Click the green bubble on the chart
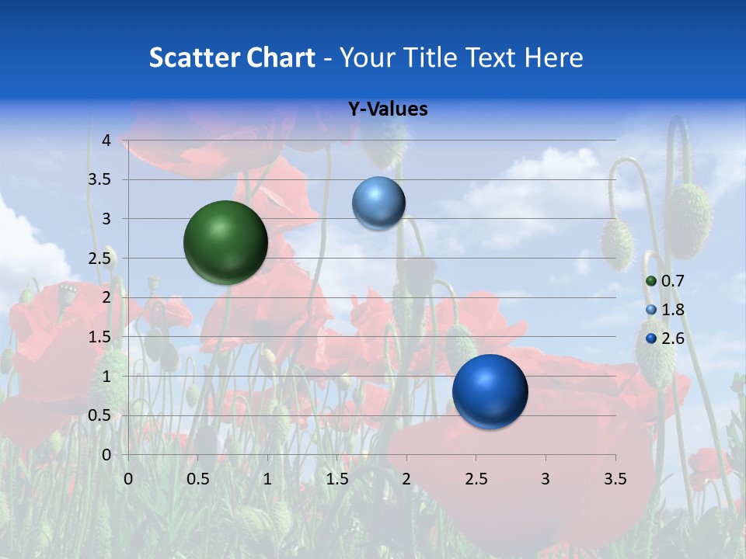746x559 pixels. pyautogui.click(x=225, y=242)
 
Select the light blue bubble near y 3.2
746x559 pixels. pyautogui.click(x=378, y=203)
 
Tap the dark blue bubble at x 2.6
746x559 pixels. pyautogui.click(x=490, y=391)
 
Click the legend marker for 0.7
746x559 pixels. pyautogui.click(x=651, y=281)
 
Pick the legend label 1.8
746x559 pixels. pyautogui.click(x=672, y=310)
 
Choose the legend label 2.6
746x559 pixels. pyautogui.click(x=672, y=339)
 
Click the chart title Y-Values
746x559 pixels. pyautogui.click(x=387, y=109)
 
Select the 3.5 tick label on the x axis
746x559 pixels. pyautogui.click(x=615, y=479)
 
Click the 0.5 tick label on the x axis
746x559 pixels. pyautogui.click(x=197, y=479)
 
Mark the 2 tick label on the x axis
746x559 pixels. pyautogui.click(x=406, y=479)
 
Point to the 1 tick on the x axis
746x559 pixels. pyautogui.click(x=267, y=479)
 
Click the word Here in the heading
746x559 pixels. pyautogui.click(x=553, y=57)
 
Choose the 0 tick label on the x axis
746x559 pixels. pyautogui.click(x=128, y=479)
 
